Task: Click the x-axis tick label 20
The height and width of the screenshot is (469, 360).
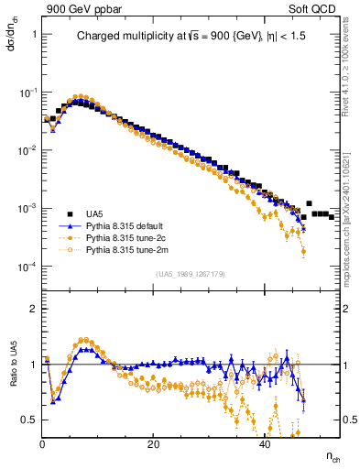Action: coord(154,444)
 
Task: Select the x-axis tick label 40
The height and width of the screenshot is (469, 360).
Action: coord(265,444)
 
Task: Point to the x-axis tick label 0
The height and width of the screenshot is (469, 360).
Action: coord(43,444)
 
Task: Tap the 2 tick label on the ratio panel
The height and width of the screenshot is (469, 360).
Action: coord(33,309)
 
